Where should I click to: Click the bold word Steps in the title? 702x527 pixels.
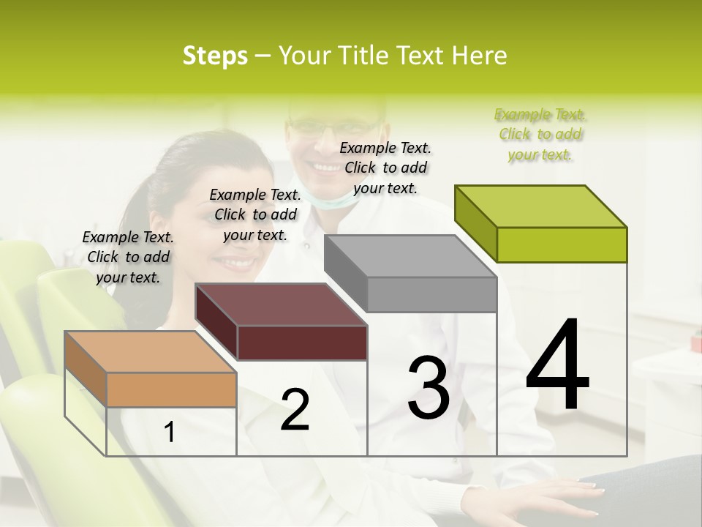pyautogui.click(x=215, y=56)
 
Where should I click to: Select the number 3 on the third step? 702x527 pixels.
pyautogui.click(x=429, y=388)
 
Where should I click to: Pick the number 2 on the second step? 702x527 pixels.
pyautogui.click(x=295, y=410)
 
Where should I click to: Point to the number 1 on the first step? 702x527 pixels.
pyautogui.click(x=170, y=433)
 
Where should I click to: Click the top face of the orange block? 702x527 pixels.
pyautogui.click(x=151, y=352)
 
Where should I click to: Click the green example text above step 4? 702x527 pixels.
pyautogui.click(x=540, y=135)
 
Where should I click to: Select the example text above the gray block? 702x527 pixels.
pyautogui.click(x=385, y=168)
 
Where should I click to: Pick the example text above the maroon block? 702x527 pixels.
pyautogui.click(x=255, y=214)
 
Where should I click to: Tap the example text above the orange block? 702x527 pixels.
pyautogui.click(x=128, y=257)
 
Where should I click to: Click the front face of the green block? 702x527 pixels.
pyautogui.click(x=562, y=244)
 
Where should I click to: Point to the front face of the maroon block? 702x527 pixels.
pyautogui.click(x=302, y=343)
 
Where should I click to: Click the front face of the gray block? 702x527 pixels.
pyautogui.click(x=431, y=294)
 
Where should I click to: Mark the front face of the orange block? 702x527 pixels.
pyautogui.click(x=171, y=389)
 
